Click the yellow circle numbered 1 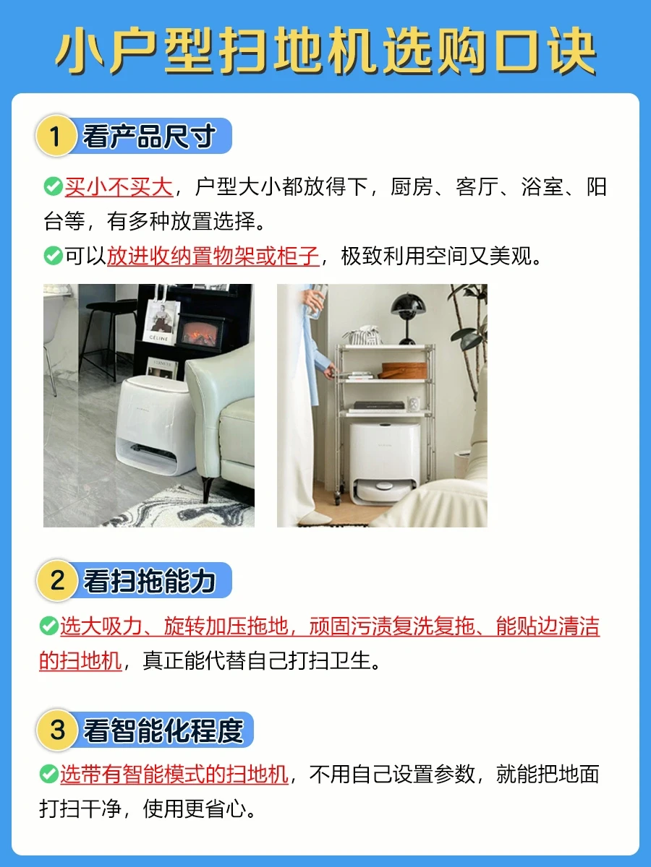[x=56, y=136]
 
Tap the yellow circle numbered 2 [x=56, y=580]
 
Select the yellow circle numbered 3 [x=56, y=730]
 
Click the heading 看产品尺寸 [x=149, y=136]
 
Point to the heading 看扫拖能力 [x=149, y=581]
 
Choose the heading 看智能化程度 [x=163, y=730]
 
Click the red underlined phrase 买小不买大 [x=119, y=187]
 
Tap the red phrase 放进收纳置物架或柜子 [x=213, y=256]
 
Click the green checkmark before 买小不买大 [x=54, y=186]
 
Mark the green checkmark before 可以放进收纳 [x=54, y=256]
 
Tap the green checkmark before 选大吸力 [x=49, y=626]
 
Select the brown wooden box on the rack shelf [x=404, y=370]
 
